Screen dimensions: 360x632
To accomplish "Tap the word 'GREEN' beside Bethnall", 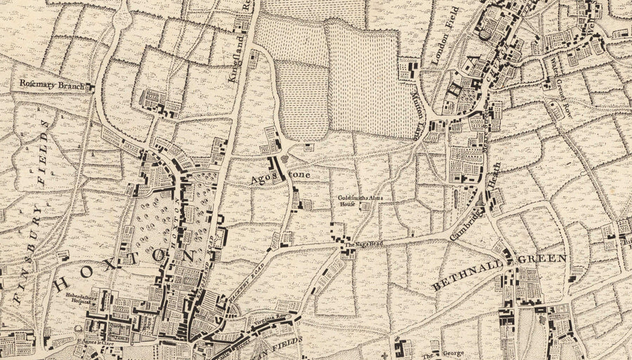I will click(542, 258).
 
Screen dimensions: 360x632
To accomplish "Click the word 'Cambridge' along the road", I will click(465, 225).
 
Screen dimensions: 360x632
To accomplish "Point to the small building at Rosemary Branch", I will click(89, 87).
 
